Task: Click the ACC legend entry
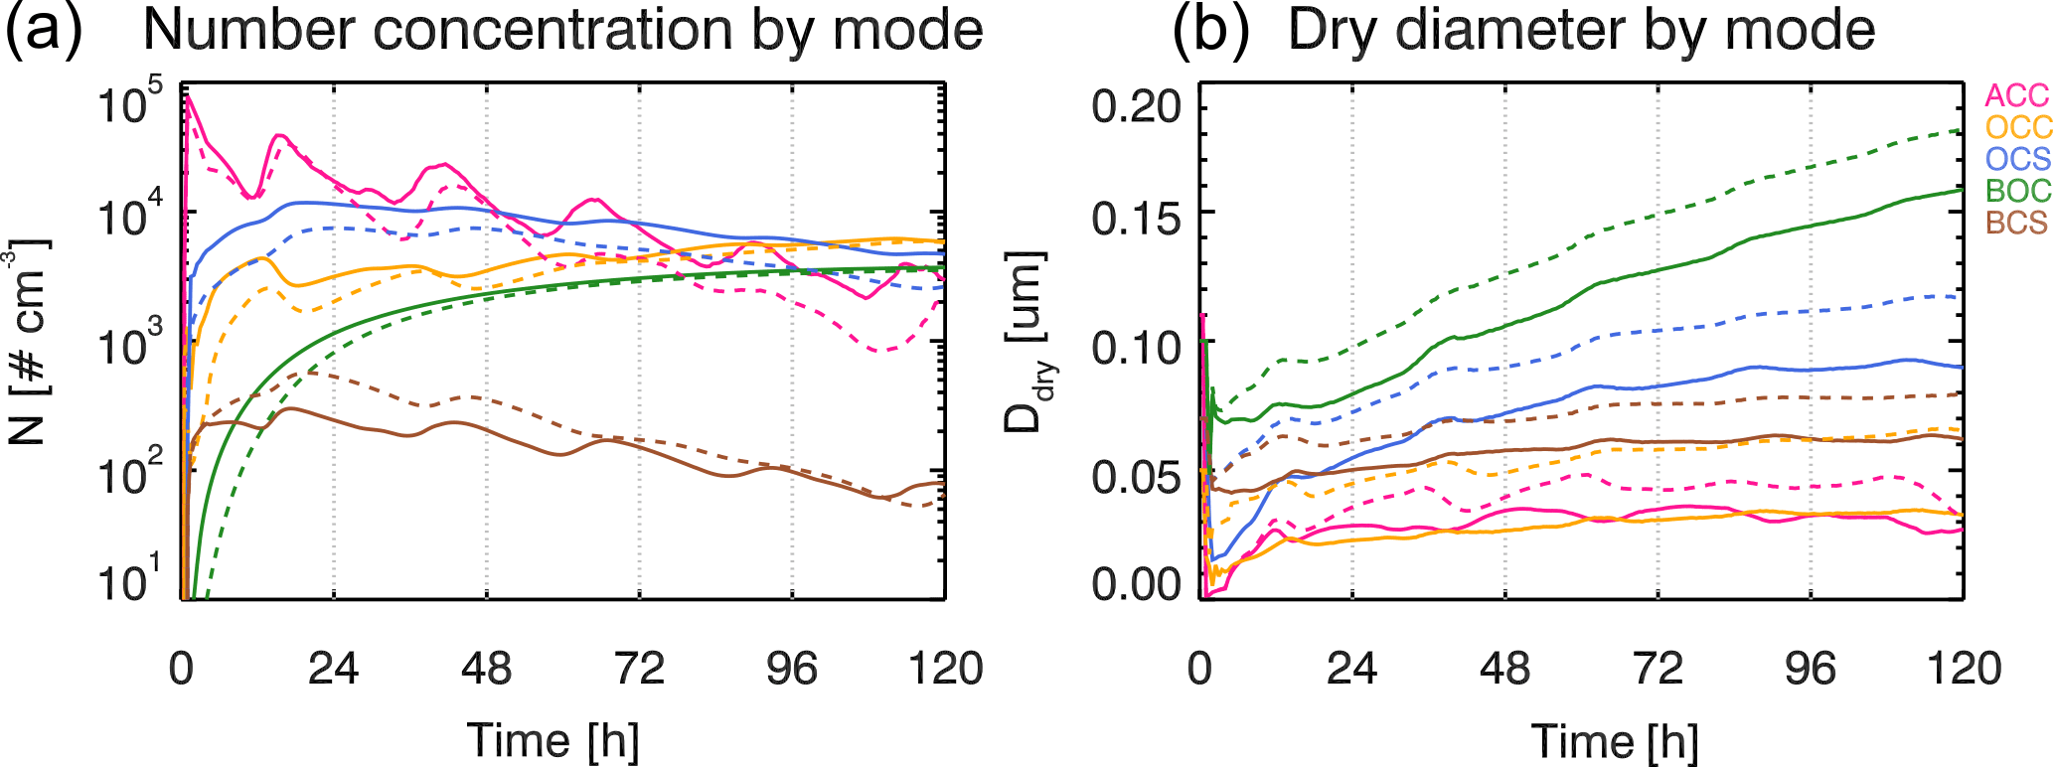coord(2016,95)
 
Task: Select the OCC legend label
coord(2018,127)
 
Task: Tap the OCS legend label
coord(2017,159)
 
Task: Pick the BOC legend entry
coord(2017,191)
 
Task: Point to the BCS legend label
coord(2016,223)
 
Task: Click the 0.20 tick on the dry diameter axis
coord(1134,105)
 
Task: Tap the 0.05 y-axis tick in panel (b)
coord(1134,477)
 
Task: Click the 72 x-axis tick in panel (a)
coord(639,669)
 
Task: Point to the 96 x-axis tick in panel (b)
coord(1811,669)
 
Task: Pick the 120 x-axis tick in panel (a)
coord(945,669)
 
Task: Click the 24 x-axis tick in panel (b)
coord(1352,669)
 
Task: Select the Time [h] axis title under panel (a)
coord(553,741)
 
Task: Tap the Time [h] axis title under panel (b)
coord(1614,741)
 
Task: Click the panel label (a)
coord(44,30)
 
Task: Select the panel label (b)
coord(1209,30)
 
